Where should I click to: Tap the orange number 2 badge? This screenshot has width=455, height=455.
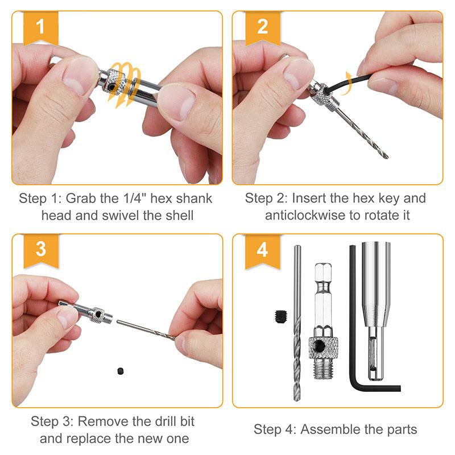tap(262, 27)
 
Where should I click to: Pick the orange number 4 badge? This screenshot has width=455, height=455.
tap(262, 249)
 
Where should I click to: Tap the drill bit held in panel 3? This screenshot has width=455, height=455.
tap(145, 328)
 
